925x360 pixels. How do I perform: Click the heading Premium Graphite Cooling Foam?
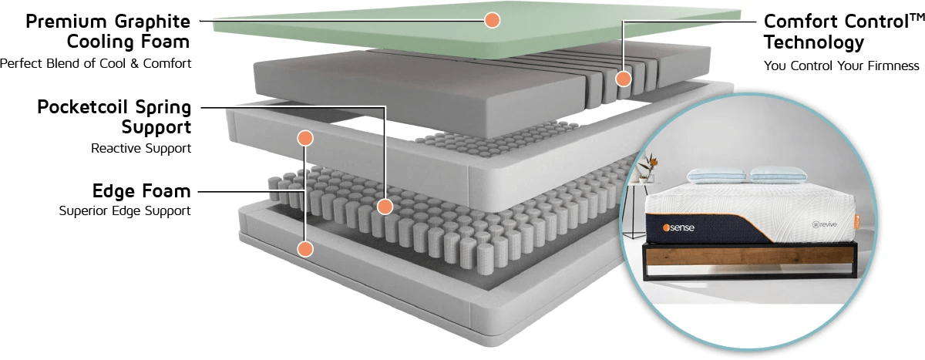tap(108, 31)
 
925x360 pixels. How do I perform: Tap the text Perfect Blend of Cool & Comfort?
tap(96, 63)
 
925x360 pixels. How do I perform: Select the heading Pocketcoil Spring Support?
tap(114, 116)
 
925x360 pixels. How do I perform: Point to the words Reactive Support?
tap(141, 148)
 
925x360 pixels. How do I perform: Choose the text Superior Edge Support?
tap(125, 210)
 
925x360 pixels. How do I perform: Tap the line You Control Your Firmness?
tap(842, 66)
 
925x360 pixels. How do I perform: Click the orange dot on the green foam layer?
tap(492, 21)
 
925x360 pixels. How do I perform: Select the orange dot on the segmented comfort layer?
tap(624, 79)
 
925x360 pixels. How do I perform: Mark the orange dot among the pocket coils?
tap(385, 207)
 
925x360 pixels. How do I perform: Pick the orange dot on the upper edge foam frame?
tap(305, 138)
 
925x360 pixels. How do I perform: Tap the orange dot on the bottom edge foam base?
tap(305, 249)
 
